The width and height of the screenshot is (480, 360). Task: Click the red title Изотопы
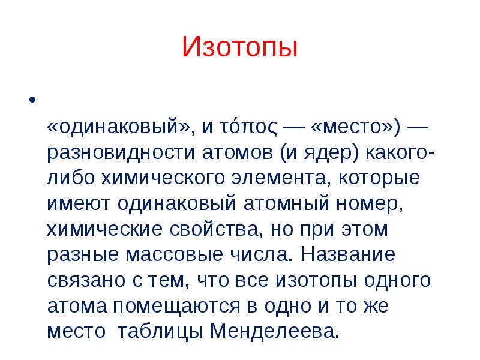pyautogui.click(x=239, y=47)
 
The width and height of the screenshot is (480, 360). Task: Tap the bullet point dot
pyautogui.click(x=32, y=100)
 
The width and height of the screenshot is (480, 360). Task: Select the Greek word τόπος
pyautogui.click(x=248, y=127)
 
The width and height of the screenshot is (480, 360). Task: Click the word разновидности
pyautogui.click(x=121, y=153)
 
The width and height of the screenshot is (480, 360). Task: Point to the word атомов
pyautogui.click(x=237, y=153)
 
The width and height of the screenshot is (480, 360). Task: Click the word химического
pyautogui.click(x=163, y=178)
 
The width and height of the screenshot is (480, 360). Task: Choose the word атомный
pyautogui.click(x=286, y=203)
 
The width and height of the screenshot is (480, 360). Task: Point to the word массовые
pyautogui.click(x=174, y=254)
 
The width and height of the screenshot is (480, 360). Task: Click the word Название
pyautogui.click(x=348, y=254)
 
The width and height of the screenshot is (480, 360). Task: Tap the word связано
pyautogui.click(x=86, y=280)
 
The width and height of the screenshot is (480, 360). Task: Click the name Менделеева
pyautogui.click(x=275, y=331)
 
